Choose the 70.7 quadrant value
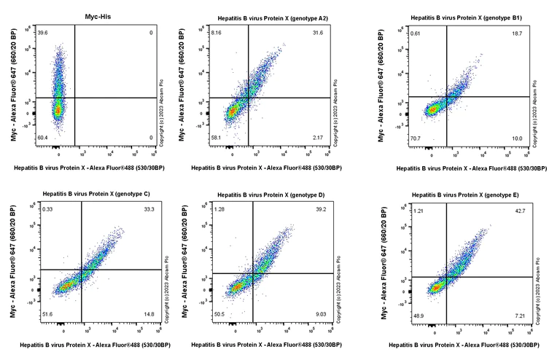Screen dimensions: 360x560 [435, 138]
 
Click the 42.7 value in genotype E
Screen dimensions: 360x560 [520, 211]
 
